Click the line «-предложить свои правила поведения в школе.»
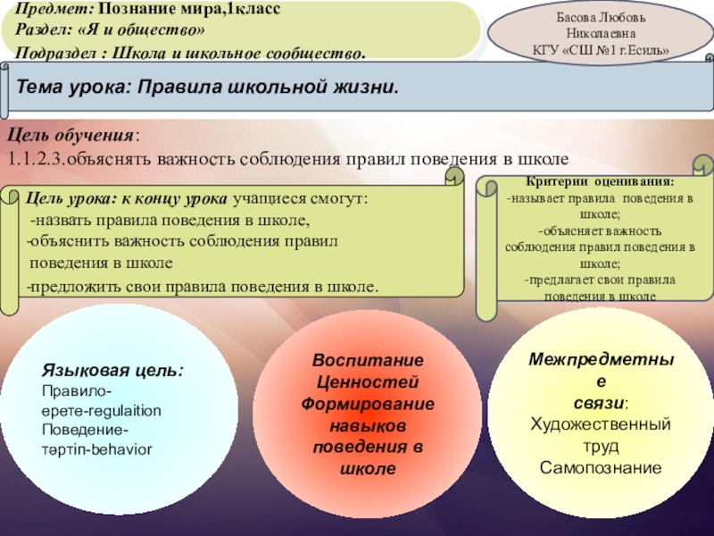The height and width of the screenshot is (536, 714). pyautogui.click(x=202, y=287)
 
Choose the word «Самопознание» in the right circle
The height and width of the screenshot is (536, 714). pyautogui.click(x=601, y=467)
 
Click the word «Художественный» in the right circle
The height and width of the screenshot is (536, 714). pyautogui.click(x=601, y=423)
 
